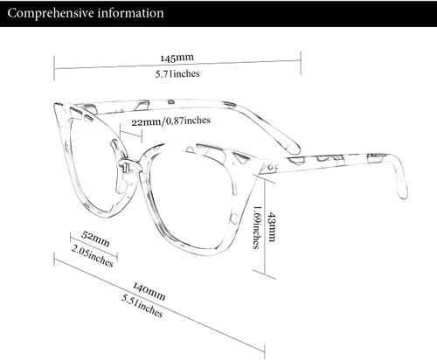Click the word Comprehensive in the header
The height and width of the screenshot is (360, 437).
click(x=51, y=13)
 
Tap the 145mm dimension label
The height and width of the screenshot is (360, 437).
click(x=177, y=58)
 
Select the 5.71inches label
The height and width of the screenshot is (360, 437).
click(x=177, y=73)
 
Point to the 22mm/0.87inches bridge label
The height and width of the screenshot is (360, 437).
click(x=170, y=121)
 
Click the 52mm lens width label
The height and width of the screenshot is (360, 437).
click(x=95, y=239)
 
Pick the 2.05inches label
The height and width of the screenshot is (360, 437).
click(x=92, y=256)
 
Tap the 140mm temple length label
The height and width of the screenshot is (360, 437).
click(x=149, y=291)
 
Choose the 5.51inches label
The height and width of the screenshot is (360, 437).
click(x=142, y=306)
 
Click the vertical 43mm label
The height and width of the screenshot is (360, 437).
click(x=272, y=227)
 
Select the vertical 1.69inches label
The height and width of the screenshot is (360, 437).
click(x=256, y=227)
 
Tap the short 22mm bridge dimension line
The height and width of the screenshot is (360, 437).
click(x=131, y=136)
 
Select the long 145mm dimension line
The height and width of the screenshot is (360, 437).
click(x=177, y=65)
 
